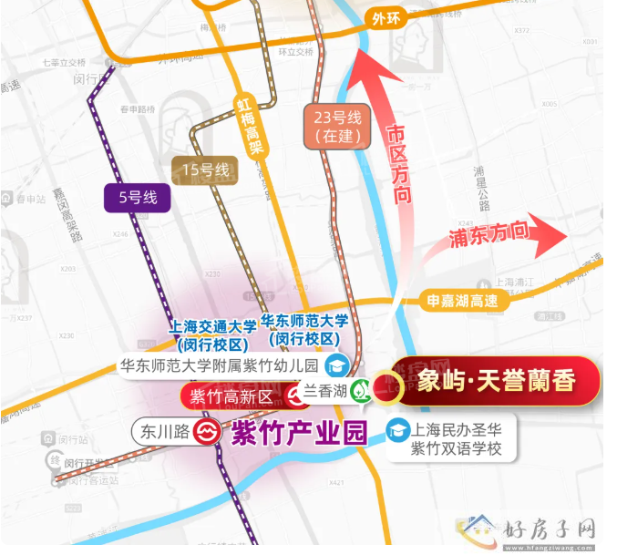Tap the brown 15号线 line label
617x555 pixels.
click(x=205, y=170)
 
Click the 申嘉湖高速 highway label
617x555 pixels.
click(x=462, y=300)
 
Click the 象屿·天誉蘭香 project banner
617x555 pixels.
click(x=497, y=381)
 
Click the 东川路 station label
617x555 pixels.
click(x=162, y=430)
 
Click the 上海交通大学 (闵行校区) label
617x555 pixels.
click(x=213, y=334)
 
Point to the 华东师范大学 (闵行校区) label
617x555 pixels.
click(x=304, y=328)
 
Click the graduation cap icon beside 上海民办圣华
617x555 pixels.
click(x=397, y=428)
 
